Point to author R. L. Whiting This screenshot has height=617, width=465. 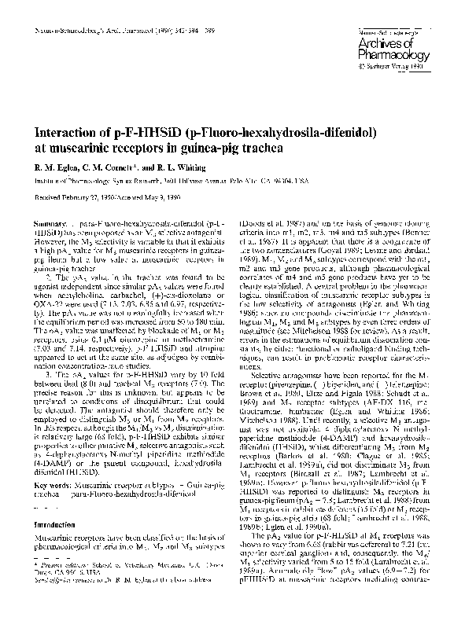(x=179, y=167)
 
